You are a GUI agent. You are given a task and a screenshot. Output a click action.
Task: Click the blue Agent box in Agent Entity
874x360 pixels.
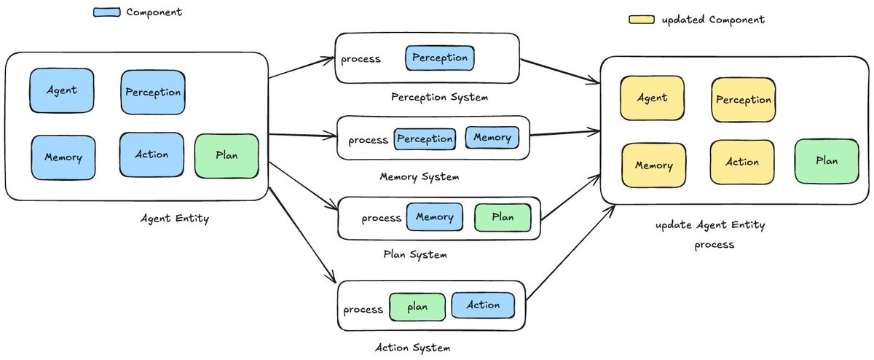pos(62,90)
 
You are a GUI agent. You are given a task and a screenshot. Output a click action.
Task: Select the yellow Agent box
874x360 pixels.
pos(652,98)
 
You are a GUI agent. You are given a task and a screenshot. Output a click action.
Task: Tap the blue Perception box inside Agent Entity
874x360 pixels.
pos(153,92)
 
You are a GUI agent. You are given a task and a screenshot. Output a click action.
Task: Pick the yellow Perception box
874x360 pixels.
pos(744,100)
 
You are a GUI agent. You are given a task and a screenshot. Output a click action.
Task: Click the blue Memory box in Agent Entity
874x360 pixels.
pos(63,157)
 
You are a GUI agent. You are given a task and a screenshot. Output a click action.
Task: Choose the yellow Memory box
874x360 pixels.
pos(653,165)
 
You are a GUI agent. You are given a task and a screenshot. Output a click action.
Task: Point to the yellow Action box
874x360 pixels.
pos(741,162)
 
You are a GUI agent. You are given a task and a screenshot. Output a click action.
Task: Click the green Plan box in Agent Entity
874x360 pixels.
pos(227,156)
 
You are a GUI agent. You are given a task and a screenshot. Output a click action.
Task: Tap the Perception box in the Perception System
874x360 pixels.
pos(440,58)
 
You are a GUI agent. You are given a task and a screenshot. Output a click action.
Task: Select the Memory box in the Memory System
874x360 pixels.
pos(492,138)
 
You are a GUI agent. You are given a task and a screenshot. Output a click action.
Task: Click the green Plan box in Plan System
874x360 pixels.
pos(503,217)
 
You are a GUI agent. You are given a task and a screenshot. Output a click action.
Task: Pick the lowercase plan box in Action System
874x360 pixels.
pos(417,308)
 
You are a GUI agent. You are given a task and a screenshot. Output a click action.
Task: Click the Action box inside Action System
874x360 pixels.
pos(483,305)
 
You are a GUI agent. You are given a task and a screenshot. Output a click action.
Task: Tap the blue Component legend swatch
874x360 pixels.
pos(107,12)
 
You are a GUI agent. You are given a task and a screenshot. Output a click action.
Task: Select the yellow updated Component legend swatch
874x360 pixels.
pos(642,20)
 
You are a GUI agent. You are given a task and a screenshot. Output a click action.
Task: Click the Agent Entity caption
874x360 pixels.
pos(175,219)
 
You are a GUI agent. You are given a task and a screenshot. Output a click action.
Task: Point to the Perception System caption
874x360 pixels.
pos(439,97)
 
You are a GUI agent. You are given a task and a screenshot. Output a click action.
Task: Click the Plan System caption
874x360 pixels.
pos(415,254)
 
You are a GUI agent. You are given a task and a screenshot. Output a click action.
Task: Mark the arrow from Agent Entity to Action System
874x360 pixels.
pos(302,235)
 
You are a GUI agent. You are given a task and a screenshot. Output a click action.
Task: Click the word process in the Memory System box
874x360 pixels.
pos(368,140)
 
